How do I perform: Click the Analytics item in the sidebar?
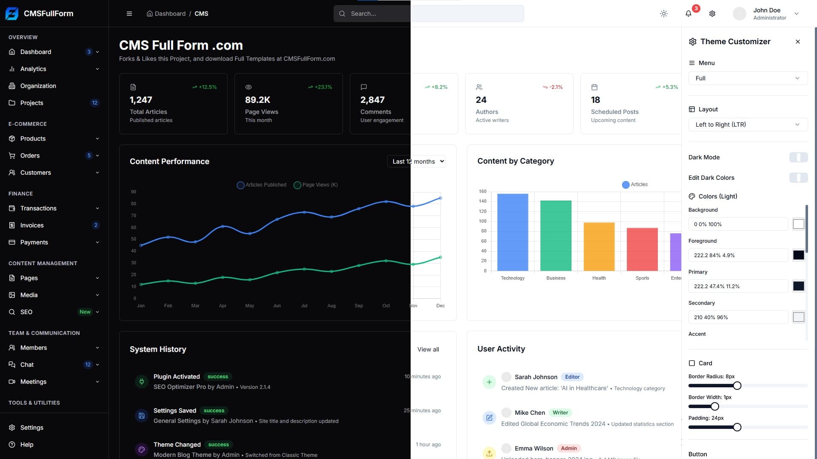coord(33,69)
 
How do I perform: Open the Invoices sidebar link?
coord(32,225)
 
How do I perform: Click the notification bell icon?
coord(688,14)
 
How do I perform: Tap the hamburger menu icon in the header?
coord(129,14)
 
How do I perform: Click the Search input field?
coord(426,14)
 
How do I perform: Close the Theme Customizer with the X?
coord(797,42)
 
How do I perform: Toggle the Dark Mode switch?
coord(798,157)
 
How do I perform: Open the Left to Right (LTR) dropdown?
coord(748,125)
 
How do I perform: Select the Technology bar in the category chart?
coord(512,232)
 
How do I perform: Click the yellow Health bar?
coord(599,246)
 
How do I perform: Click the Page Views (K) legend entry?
coord(316,185)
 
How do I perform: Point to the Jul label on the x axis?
coord(304,306)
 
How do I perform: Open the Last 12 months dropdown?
coord(417,161)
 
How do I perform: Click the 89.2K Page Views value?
coord(257,100)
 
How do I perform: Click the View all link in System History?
coord(428,349)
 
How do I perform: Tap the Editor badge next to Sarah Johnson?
coord(572,377)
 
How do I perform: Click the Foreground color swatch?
coord(798,255)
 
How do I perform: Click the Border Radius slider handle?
coord(737,385)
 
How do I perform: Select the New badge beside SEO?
coord(85,312)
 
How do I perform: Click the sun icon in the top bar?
coord(663,14)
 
